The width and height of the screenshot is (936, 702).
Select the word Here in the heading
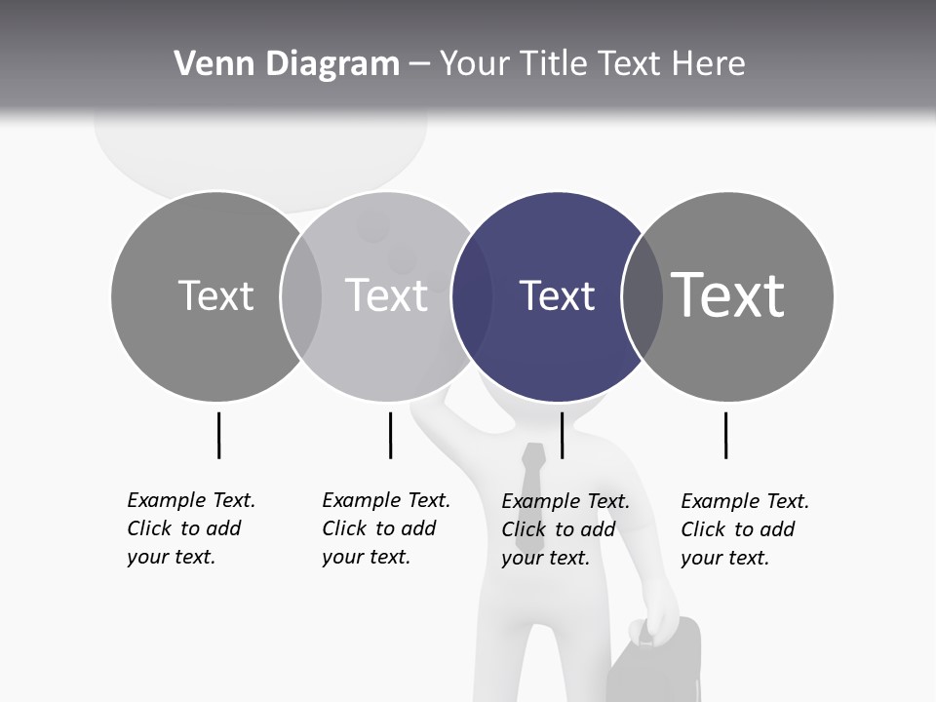click(709, 64)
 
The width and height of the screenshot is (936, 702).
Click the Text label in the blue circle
click(557, 296)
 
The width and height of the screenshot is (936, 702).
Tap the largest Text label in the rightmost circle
click(728, 295)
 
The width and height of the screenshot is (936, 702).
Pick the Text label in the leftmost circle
click(215, 295)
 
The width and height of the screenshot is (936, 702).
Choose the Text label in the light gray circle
click(386, 295)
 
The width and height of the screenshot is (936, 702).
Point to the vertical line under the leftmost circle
click(218, 435)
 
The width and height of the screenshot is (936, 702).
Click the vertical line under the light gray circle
click(390, 435)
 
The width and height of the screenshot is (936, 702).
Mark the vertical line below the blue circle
click(562, 435)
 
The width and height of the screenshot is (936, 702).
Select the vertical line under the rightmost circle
click(725, 435)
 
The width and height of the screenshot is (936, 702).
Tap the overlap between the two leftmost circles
click(301, 296)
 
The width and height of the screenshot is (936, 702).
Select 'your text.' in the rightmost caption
click(724, 558)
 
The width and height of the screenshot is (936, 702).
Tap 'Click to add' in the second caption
click(378, 529)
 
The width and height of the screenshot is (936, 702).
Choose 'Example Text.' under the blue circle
click(565, 502)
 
